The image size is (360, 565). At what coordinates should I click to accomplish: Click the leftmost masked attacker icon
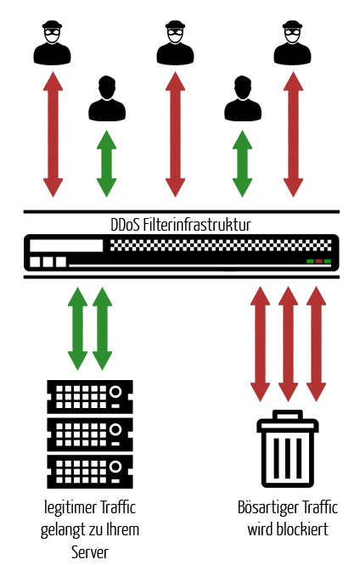tap(53, 42)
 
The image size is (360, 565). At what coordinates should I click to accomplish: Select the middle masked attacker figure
tap(175, 42)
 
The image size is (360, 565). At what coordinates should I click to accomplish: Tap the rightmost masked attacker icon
tap(292, 42)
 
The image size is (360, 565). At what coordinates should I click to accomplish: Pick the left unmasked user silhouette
tap(107, 98)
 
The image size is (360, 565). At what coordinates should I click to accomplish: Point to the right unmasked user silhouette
tap(243, 98)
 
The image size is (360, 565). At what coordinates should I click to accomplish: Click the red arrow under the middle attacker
tap(175, 134)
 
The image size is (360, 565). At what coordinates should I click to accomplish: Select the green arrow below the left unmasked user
tap(106, 164)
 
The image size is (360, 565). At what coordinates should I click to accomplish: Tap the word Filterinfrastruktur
tap(197, 225)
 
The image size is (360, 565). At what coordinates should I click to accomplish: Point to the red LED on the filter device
tap(318, 261)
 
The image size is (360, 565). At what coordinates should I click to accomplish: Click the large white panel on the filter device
tap(66, 245)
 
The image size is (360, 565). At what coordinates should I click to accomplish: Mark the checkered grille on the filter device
tap(221, 245)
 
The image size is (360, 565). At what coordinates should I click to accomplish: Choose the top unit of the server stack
tap(90, 396)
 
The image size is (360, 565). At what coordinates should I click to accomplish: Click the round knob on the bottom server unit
tap(115, 467)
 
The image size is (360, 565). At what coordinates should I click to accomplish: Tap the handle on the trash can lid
tap(288, 415)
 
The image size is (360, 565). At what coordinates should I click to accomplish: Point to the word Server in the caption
tap(90, 552)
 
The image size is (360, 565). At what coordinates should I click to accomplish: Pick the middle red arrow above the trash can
tap(288, 344)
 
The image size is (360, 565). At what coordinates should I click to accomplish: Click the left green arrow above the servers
tap(78, 328)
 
